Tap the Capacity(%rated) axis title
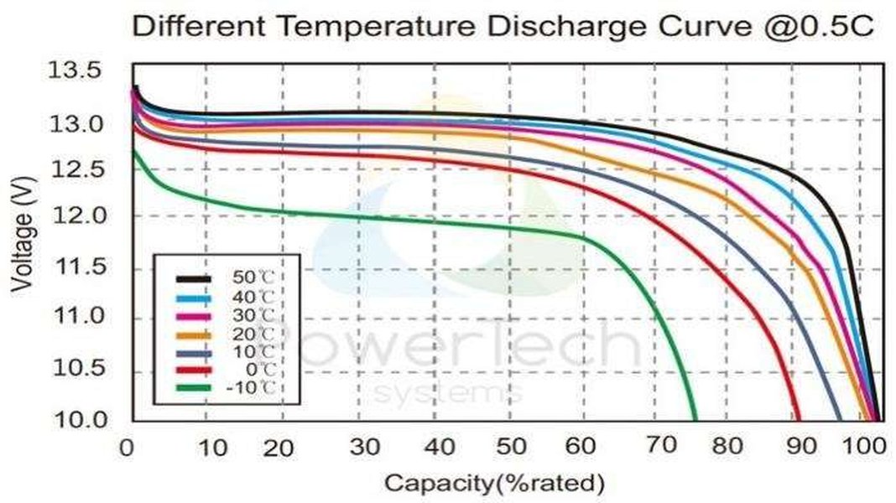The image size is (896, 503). point(494,483)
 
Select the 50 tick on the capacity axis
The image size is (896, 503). point(510,447)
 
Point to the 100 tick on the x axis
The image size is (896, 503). point(862,447)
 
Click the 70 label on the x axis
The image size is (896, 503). point(663,445)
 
